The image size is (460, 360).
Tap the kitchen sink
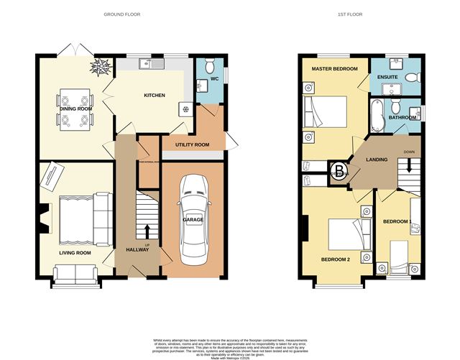(154, 64)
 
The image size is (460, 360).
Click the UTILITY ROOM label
(191, 144)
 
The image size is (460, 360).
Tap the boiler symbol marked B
(338, 170)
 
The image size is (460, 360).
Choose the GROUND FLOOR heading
(122, 14)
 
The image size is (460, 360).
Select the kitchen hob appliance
(186, 110)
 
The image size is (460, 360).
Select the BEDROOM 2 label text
(334, 259)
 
